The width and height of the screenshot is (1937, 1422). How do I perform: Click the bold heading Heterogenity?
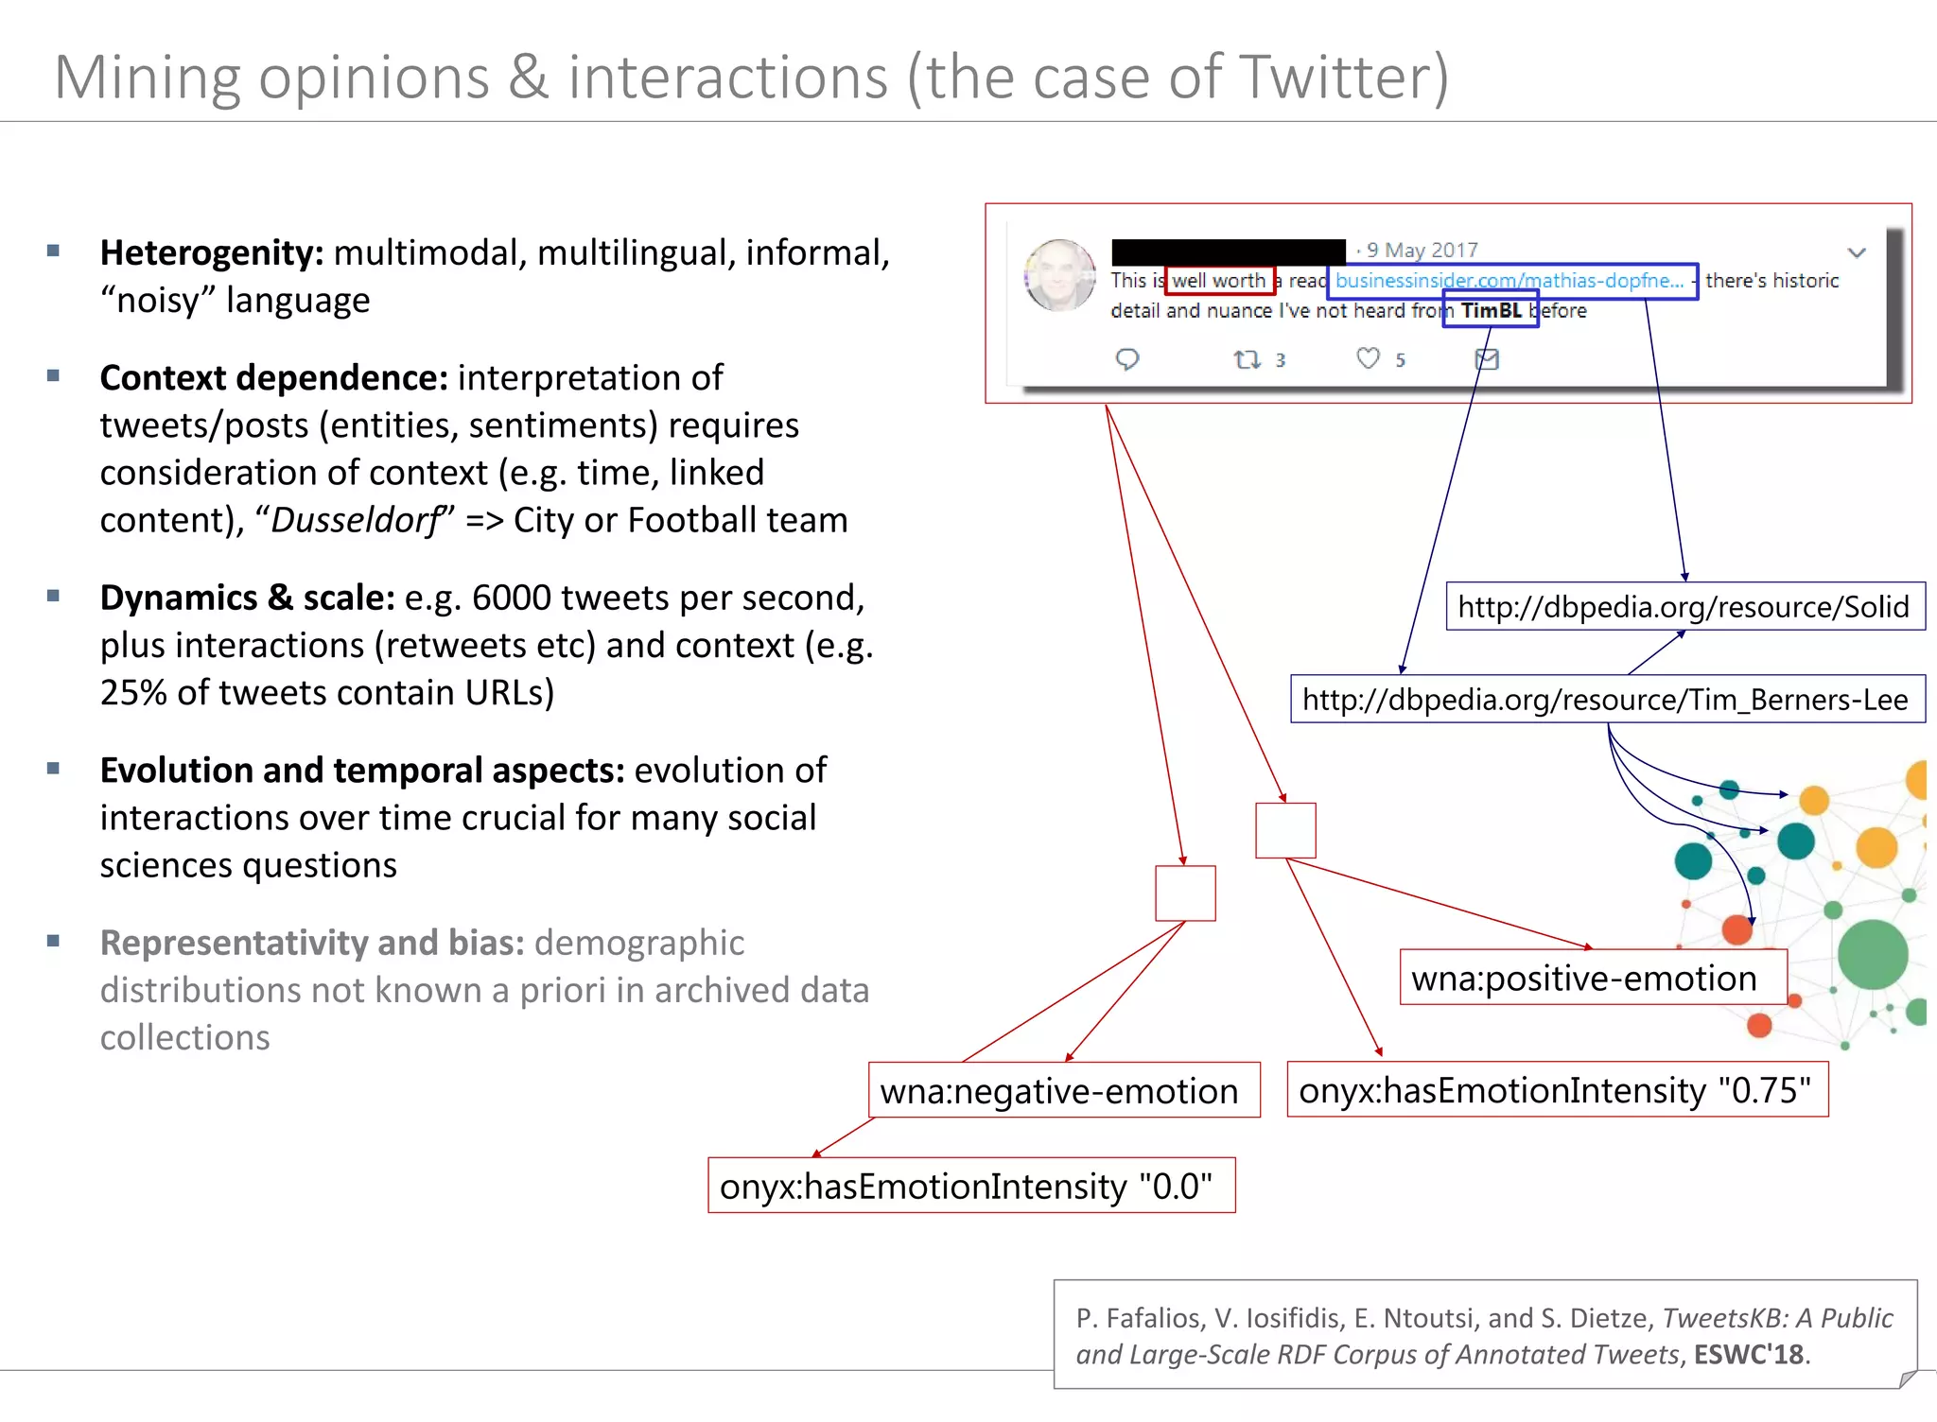point(212,253)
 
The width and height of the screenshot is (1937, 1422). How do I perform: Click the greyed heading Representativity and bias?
point(312,944)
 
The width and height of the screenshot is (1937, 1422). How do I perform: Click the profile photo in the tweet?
point(1059,275)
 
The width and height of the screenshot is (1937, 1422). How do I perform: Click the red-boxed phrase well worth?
point(1218,281)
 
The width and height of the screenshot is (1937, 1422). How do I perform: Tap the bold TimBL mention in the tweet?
point(1491,311)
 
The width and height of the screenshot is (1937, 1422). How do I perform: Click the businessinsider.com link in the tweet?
point(1509,281)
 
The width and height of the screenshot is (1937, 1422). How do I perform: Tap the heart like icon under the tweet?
point(1368,358)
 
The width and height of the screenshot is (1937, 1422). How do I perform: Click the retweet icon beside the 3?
point(1247,359)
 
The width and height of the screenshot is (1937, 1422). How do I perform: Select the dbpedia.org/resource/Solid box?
point(1684,607)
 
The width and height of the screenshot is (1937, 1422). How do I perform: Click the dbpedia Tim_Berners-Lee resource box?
point(1606,700)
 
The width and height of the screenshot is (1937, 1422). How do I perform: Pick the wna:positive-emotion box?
point(1584,979)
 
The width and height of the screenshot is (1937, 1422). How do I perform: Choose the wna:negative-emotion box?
point(1059,1092)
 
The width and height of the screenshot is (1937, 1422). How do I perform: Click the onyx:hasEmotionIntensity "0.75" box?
point(1555,1091)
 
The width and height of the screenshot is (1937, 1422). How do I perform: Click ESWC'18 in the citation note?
point(1748,1355)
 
